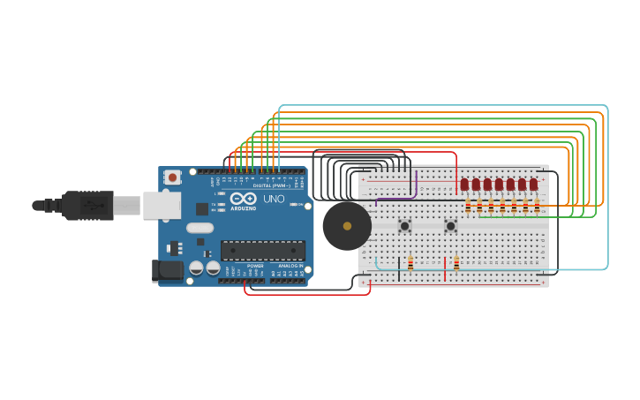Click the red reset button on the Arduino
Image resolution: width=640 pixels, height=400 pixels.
[x=173, y=177]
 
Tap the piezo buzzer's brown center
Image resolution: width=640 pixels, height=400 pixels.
[x=347, y=226]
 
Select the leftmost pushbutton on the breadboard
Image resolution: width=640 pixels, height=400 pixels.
[x=405, y=226]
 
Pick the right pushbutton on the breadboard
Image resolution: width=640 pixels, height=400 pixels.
[x=450, y=226]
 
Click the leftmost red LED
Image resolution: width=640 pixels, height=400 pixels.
[x=464, y=185]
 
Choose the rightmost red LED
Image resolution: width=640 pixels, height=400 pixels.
[x=533, y=185]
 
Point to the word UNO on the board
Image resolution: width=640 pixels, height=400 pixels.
[x=274, y=200]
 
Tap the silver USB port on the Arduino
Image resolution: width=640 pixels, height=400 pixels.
[x=162, y=205]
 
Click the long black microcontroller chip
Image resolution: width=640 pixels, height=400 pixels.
[x=262, y=250]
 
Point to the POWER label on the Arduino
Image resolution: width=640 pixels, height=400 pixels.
[x=255, y=266]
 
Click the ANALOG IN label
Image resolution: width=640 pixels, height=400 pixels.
[x=290, y=266]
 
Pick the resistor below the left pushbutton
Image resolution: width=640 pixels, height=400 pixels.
[x=410, y=263]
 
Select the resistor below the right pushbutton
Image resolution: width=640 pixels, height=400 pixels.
[x=456, y=263]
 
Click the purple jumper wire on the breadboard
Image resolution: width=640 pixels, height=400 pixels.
[x=416, y=187]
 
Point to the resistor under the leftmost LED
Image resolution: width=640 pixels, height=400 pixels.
[x=468, y=207]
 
